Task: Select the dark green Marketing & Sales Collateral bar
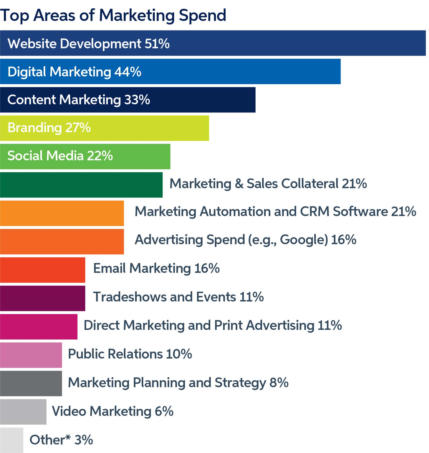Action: coord(81,185)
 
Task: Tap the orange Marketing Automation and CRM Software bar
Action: coord(62,213)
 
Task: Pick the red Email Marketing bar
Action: coord(43,270)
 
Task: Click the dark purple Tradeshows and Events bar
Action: coord(43,298)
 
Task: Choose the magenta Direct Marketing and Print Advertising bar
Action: coord(39,327)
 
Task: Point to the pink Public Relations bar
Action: coord(31,355)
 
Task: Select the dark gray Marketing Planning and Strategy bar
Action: coord(31,384)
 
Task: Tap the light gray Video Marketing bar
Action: coord(23,412)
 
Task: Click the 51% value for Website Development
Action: coord(157,43)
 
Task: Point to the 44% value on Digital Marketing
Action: coord(128,72)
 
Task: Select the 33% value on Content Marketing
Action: coord(137,100)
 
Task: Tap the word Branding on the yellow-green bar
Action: coord(35,128)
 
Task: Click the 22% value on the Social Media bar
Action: coord(100,156)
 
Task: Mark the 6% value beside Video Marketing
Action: coord(164,411)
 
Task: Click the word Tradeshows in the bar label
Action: coord(130,297)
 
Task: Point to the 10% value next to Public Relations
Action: coord(179,354)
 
